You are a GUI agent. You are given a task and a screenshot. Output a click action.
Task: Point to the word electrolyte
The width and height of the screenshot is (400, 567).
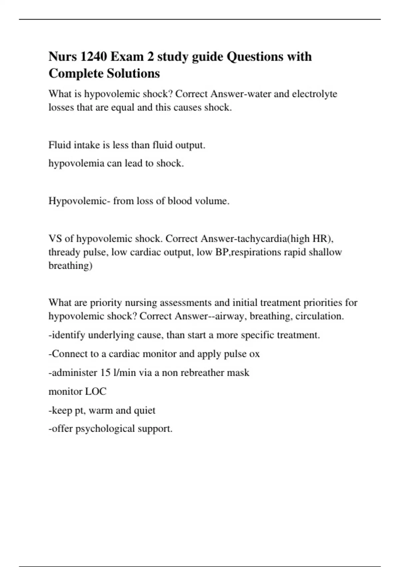pos(314,94)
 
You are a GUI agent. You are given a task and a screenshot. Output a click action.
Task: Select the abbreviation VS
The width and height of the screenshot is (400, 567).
pos(55,239)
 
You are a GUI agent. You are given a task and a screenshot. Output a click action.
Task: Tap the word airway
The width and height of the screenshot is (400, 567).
pos(231,316)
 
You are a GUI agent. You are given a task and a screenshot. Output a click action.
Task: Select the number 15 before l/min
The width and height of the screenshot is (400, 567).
pos(105,373)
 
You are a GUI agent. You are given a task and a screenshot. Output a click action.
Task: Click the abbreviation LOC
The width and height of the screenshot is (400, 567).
pos(96,391)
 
